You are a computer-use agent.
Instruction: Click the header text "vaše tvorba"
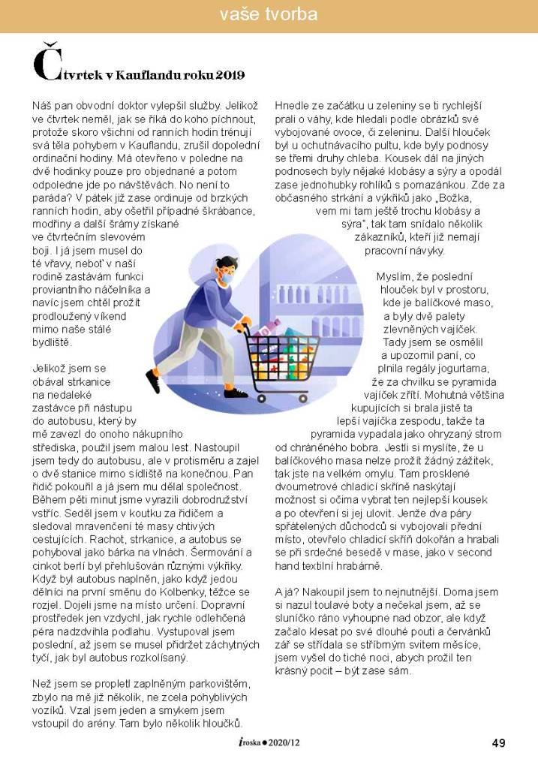coord(269,14)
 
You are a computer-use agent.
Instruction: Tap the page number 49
coord(498,743)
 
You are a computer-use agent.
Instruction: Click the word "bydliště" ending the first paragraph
coord(51,342)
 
